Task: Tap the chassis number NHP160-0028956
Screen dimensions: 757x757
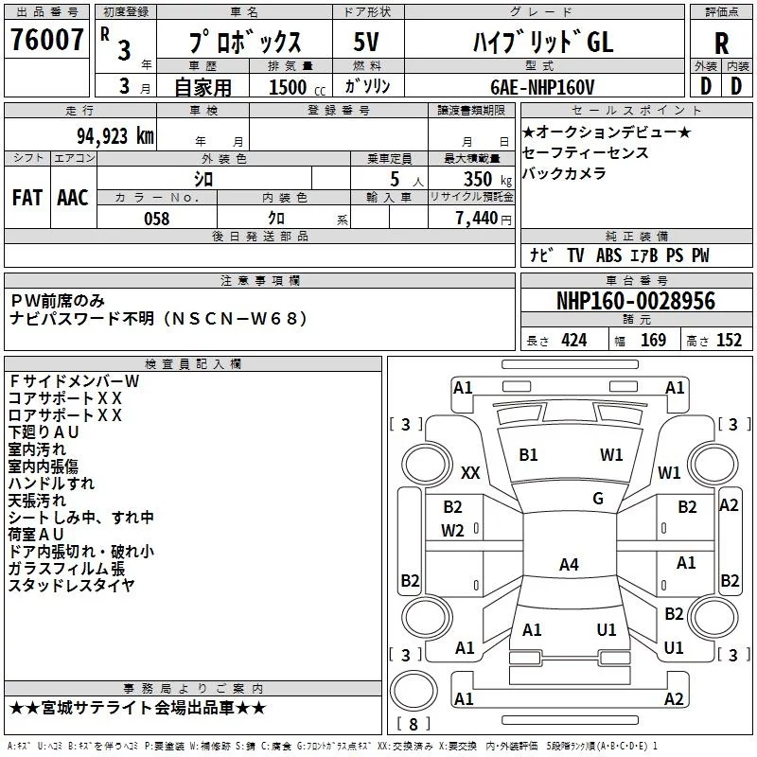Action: [x=635, y=301]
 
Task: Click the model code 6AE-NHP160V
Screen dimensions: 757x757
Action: [x=542, y=87]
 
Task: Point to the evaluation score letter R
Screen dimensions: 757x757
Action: [x=722, y=44]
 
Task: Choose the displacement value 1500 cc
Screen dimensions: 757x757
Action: [x=289, y=87]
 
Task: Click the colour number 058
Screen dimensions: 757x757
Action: [x=156, y=219]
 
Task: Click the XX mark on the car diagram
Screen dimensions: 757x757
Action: [x=470, y=472]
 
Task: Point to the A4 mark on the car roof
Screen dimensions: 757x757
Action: [x=569, y=565]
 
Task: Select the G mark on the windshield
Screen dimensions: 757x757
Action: [x=598, y=498]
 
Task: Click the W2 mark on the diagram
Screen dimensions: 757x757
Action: [x=452, y=530]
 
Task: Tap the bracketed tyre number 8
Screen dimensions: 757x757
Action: [x=414, y=725]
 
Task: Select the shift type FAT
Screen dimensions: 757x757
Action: [x=26, y=197]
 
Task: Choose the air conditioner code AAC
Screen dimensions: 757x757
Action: [x=72, y=197]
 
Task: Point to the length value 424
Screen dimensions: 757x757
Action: [x=573, y=341]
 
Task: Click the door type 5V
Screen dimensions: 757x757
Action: [x=366, y=43]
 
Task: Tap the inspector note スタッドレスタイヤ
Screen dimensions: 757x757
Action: [x=71, y=585]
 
